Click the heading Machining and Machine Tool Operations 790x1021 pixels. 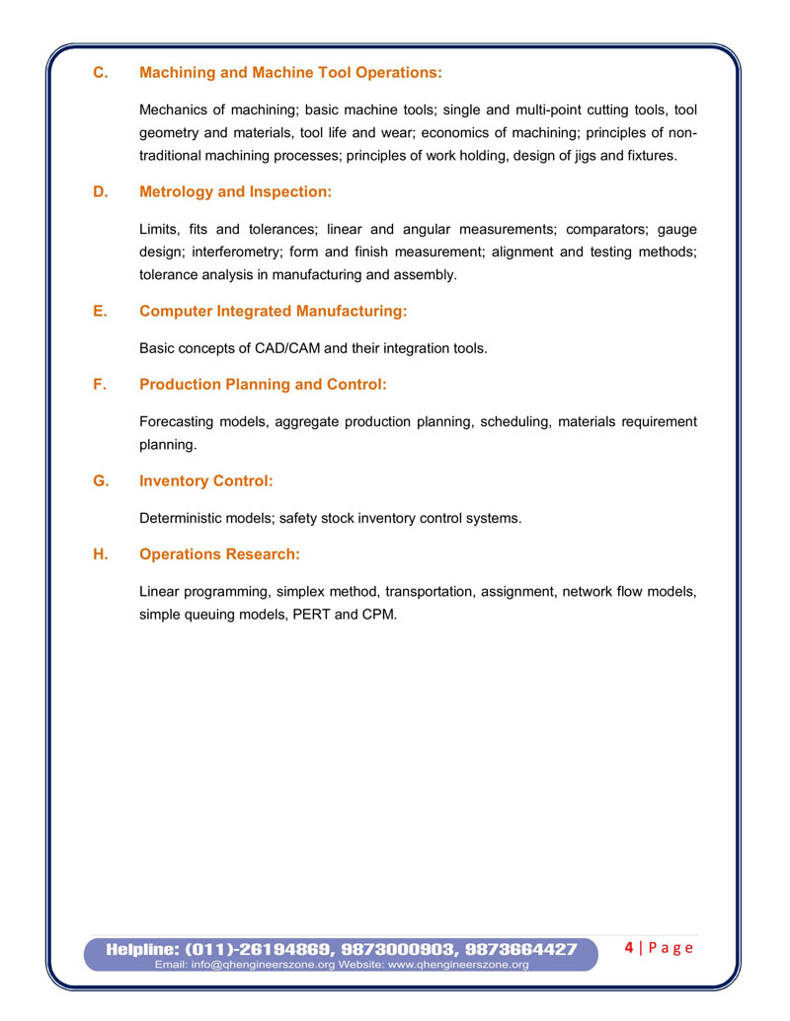[x=290, y=73]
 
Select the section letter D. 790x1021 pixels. [x=99, y=191]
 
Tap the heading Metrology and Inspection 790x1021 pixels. [x=235, y=191]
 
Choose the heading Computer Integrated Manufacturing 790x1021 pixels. [x=273, y=312]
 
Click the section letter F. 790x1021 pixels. [x=99, y=385]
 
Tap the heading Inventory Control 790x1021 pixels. [x=205, y=481]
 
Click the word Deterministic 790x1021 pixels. [x=184, y=518]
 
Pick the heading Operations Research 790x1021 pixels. [x=219, y=554]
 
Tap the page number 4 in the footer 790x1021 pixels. [x=629, y=948]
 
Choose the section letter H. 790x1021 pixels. [x=99, y=554]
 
